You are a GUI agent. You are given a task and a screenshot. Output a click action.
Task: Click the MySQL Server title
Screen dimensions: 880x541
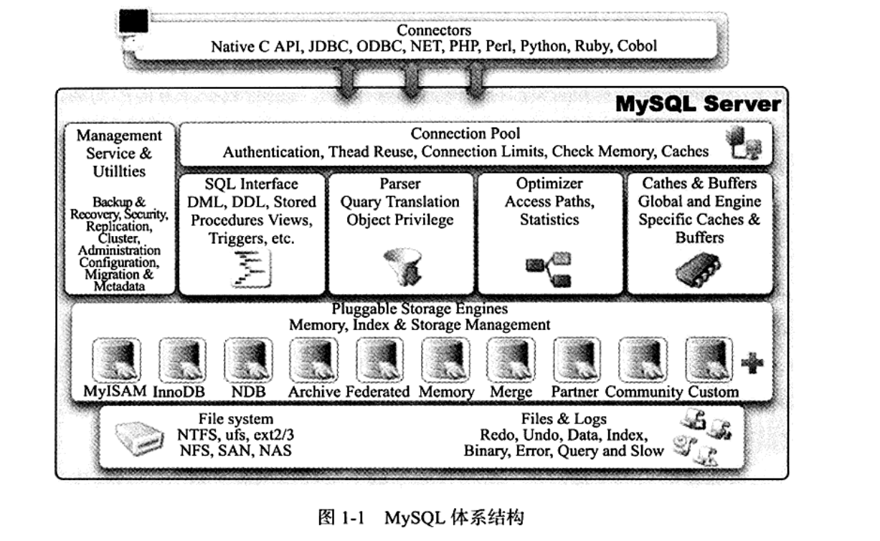coord(698,105)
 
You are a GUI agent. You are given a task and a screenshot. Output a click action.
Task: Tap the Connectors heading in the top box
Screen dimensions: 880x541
coord(434,30)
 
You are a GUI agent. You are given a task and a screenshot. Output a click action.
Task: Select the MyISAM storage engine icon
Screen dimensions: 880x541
coord(117,361)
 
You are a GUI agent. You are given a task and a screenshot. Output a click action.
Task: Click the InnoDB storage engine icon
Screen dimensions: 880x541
coord(182,361)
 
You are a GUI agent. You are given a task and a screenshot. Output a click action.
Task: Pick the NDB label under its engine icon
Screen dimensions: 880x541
coord(248,392)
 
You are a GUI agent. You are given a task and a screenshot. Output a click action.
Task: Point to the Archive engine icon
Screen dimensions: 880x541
coord(313,361)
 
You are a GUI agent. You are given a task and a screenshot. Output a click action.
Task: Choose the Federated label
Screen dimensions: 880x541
coord(377,392)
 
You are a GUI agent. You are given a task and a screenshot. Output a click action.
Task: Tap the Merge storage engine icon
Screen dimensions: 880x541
coord(511,361)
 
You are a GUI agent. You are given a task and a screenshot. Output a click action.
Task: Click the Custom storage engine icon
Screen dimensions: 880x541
coord(709,361)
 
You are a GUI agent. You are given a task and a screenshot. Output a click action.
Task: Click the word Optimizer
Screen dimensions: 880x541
coord(549,184)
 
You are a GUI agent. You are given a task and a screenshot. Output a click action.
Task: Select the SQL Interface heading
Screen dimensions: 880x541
coord(251,184)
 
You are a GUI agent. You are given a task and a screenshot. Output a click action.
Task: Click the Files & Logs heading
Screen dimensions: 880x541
coord(564,419)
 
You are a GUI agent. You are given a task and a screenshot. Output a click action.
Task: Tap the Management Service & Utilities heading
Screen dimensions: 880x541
coord(119,154)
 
